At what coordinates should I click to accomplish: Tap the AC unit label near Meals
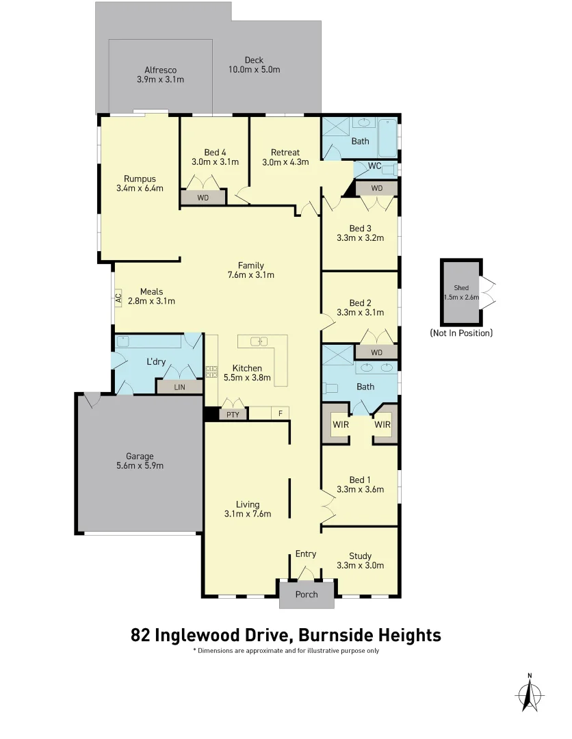tap(118, 298)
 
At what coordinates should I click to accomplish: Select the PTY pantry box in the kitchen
tap(232, 413)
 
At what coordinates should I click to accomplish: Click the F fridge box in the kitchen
tap(279, 413)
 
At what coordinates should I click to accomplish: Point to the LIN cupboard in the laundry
tap(179, 387)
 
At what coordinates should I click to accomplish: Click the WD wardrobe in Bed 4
tap(203, 197)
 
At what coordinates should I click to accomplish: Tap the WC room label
tap(374, 166)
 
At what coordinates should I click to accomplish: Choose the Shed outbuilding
tap(461, 292)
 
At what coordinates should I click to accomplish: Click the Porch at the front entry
tap(307, 594)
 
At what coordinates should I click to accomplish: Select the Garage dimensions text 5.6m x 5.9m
tap(140, 466)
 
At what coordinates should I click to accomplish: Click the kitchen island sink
tap(262, 341)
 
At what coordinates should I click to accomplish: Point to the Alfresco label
tap(161, 70)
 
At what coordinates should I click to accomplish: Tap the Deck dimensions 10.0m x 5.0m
tap(254, 70)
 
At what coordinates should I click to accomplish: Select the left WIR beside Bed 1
tap(340, 424)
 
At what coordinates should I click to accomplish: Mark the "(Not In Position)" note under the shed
tap(461, 333)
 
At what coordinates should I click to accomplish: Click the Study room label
tap(360, 556)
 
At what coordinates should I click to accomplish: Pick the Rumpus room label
tap(140, 179)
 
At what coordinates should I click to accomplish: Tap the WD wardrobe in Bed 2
tap(376, 352)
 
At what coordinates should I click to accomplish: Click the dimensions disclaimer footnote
tap(285, 651)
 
